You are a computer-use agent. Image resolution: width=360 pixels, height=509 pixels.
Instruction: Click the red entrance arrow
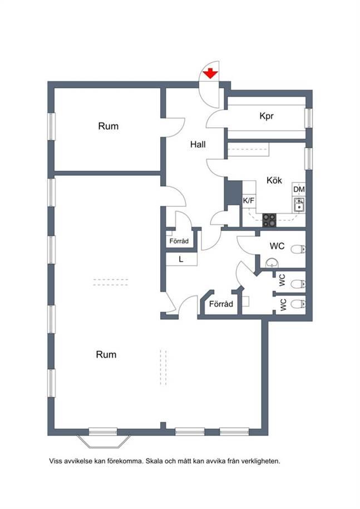(210, 73)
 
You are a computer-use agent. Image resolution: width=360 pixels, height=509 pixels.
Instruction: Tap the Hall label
(198, 145)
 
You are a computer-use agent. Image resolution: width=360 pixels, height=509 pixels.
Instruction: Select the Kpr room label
(267, 116)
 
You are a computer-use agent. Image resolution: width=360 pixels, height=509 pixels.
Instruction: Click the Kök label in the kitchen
(274, 180)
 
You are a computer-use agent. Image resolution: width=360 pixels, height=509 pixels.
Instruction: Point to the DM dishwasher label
(299, 189)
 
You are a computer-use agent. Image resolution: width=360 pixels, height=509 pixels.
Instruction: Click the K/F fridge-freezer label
(249, 201)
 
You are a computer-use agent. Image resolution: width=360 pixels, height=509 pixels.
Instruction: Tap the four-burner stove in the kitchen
(269, 220)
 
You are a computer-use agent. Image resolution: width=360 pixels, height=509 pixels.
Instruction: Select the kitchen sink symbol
(299, 205)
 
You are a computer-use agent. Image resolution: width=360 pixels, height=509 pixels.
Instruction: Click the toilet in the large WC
(298, 249)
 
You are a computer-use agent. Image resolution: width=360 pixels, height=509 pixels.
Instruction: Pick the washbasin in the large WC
(272, 263)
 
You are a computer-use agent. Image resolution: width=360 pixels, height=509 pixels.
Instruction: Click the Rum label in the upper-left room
(109, 126)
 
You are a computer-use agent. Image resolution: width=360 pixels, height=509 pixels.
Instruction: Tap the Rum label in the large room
(106, 354)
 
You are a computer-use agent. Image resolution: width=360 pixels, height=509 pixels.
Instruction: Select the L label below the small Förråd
(181, 259)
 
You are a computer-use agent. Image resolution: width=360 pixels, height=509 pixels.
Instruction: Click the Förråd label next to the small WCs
(221, 304)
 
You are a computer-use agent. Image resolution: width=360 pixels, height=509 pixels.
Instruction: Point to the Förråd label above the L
(179, 241)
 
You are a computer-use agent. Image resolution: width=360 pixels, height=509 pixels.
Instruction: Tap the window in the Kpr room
(308, 117)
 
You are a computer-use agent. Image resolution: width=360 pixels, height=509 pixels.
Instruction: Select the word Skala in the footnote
(154, 461)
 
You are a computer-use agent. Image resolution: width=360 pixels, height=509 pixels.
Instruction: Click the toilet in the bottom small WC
(298, 304)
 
